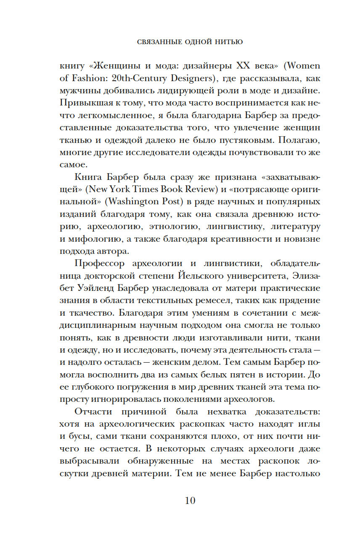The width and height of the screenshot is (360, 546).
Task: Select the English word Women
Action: pyautogui.click(x=302, y=66)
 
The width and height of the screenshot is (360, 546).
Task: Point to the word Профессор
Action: pyautogui.click(x=100, y=264)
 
